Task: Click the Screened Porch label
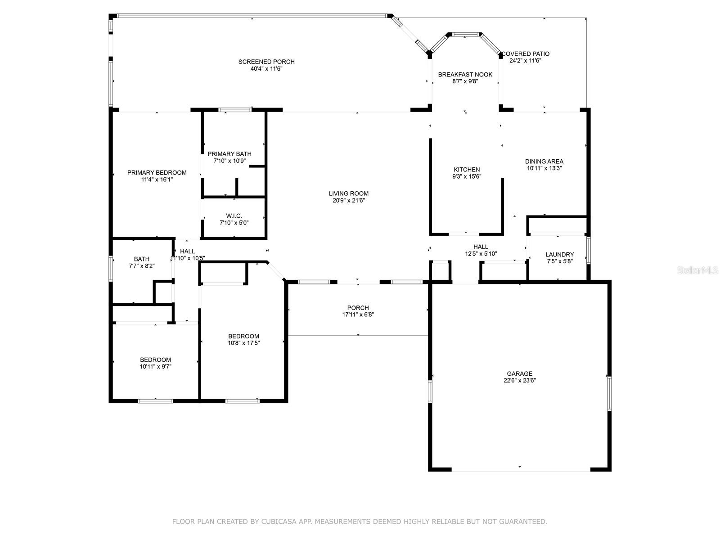(x=266, y=62)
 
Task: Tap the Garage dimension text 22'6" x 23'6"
(x=519, y=380)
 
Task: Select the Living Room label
(x=348, y=193)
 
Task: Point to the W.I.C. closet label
(x=234, y=216)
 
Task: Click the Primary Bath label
(x=229, y=154)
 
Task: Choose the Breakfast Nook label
(x=465, y=75)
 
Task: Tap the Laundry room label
(x=559, y=254)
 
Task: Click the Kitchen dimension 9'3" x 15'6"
(x=467, y=176)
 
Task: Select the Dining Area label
(x=544, y=162)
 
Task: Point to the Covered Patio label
(x=526, y=54)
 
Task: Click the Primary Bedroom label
(x=157, y=173)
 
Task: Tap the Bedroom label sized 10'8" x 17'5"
(x=243, y=336)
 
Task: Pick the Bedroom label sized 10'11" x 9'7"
(x=155, y=360)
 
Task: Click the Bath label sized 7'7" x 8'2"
(x=141, y=259)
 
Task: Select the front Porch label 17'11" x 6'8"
(x=358, y=308)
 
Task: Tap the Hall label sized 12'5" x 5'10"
(x=481, y=247)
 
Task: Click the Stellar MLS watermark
(x=698, y=270)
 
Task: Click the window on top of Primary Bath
(x=234, y=109)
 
